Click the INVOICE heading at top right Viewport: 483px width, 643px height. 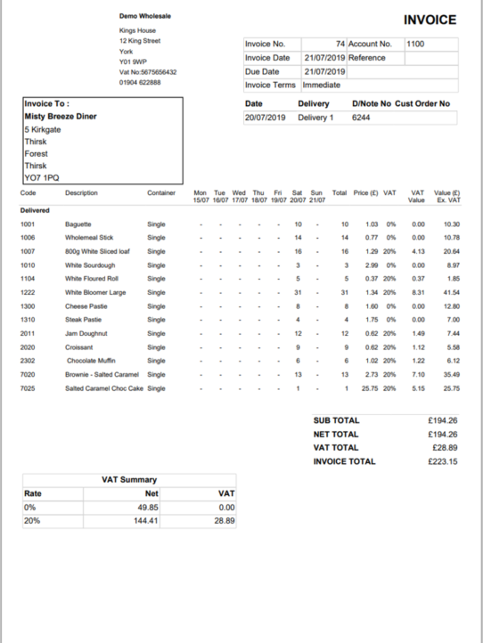(x=430, y=20)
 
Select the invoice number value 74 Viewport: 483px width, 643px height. (x=340, y=43)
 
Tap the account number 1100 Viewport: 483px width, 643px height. (x=415, y=43)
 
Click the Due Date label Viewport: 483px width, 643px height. (x=262, y=71)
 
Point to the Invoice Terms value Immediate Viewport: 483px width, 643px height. (x=321, y=85)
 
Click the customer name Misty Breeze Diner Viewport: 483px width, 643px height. (x=61, y=117)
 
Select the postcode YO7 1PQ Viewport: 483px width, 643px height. (x=41, y=177)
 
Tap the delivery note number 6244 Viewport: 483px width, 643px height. (x=361, y=118)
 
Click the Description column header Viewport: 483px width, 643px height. (x=82, y=193)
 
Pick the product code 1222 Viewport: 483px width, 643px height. (x=28, y=292)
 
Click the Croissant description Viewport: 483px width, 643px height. (x=79, y=346)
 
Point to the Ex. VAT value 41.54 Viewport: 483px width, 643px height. (x=451, y=292)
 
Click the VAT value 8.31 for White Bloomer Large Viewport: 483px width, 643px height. (x=417, y=292)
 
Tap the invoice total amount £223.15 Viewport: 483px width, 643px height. (x=443, y=462)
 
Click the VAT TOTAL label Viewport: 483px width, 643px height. (x=336, y=448)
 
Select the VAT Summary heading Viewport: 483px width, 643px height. (x=131, y=480)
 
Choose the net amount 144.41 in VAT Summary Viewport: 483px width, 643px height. (x=144, y=520)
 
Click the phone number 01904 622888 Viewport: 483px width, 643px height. (x=140, y=82)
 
